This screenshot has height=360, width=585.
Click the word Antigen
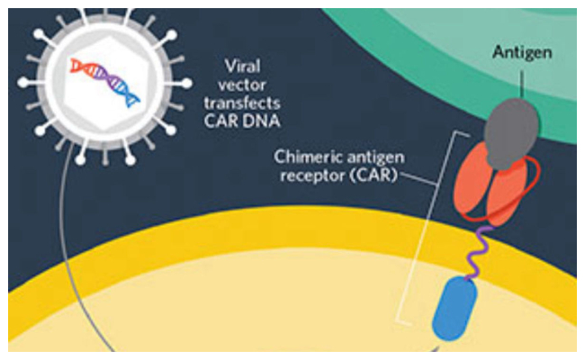click(x=522, y=52)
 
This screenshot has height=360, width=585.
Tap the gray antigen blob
click(x=511, y=133)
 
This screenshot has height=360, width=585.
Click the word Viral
click(x=242, y=67)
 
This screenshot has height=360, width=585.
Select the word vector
click(x=242, y=85)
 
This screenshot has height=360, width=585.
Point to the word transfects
click(x=242, y=103)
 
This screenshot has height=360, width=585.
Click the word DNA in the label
click(x=262, y=121)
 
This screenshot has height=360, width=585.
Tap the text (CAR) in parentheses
click(x=373, y=175)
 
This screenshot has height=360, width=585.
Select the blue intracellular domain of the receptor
click(x=454, y=309)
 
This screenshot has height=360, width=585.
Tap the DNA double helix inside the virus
click(x=104, y=82)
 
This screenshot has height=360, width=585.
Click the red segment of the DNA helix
click(x=80, y=67)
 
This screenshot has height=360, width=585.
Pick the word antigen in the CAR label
click(x=376, y=157)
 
